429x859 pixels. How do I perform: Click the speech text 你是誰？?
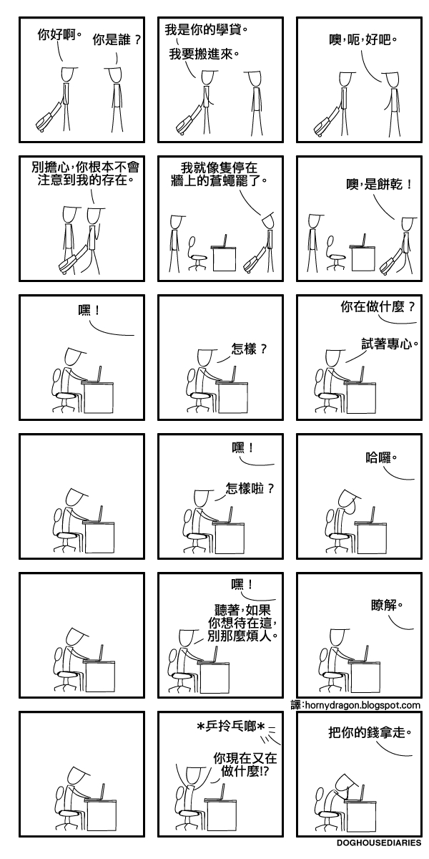(x=117, y=41)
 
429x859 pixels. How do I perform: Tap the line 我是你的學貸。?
(x=207, y=30)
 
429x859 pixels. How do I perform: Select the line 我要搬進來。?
(x=204, y=53)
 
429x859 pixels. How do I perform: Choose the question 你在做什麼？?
(x=378, y=307)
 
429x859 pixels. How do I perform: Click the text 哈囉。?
(x=381, y=456)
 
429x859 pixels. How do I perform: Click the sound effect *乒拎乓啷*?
(x=231, y=727)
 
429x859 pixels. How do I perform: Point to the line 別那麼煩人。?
(x=242, y=636)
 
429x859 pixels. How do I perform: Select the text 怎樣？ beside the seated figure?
(x=250, y=350)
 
